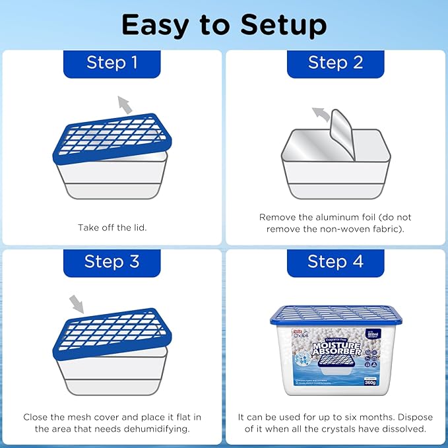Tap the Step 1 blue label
click(x=112, y=63)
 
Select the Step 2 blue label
click(x=335, y=63)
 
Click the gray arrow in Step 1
click(x=123, y=104)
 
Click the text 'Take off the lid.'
click(x=112, y=228)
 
